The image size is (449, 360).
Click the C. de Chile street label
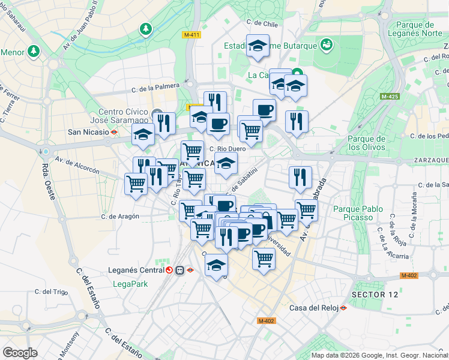262,23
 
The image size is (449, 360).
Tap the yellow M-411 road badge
191,35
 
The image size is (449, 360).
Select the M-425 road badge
390,96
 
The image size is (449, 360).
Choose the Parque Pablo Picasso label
358,214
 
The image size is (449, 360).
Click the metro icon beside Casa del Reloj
343,308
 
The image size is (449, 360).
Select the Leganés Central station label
136,270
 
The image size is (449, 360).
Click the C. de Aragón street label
120,216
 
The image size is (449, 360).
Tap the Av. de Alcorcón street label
76,165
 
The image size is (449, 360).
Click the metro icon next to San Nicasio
113,132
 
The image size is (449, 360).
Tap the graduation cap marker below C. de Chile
258,46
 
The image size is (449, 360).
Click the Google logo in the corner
20,353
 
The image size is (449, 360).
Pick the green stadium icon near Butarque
327,44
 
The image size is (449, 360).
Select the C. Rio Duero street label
228,149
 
